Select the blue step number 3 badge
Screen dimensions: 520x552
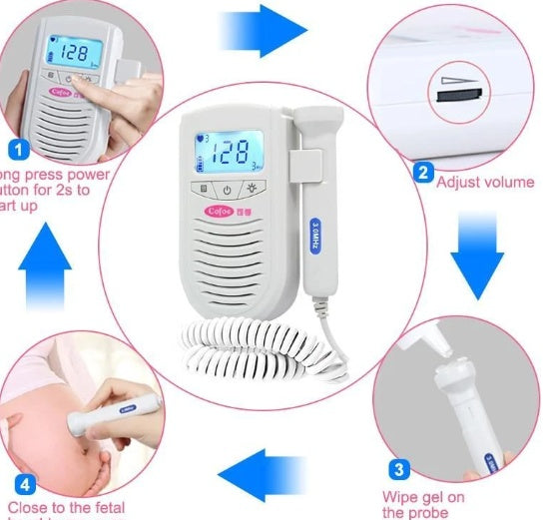pyautogui.click(x=396, y=468)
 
